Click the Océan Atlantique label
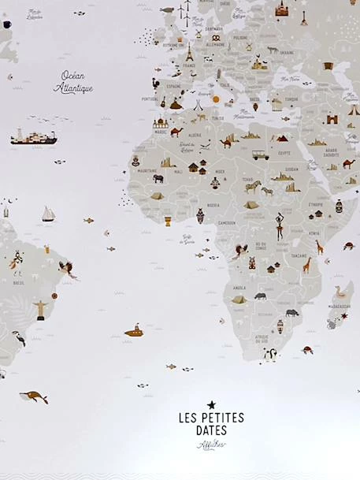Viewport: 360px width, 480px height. (x=73, y=83)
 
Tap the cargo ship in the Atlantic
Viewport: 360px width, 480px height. (x=33, y=138)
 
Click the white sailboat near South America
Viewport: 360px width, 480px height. (x=48, y=214)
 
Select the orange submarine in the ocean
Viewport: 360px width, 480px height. (x=135, y=331)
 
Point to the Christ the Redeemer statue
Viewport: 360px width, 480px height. (x=40, y=307)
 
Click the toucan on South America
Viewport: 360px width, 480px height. (x=18, y=338)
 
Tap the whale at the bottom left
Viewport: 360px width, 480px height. (x=34, y=396)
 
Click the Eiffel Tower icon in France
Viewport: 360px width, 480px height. (x=189, y=53)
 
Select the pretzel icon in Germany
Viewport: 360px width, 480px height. (x=216, y=37)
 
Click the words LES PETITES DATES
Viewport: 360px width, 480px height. (x=210, y=423)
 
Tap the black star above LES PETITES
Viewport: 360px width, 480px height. (x=211, y=404)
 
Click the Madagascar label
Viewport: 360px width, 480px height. (x=340, y=307)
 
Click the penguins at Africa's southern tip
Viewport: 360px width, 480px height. (x=270, y=355)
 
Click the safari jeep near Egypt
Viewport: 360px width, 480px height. (x=260, y=154)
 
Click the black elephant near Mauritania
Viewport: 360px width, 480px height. (x=158, y=178)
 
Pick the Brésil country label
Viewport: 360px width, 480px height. (x=18, y=282)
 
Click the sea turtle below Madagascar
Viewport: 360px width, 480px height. (x=307, y=349)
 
